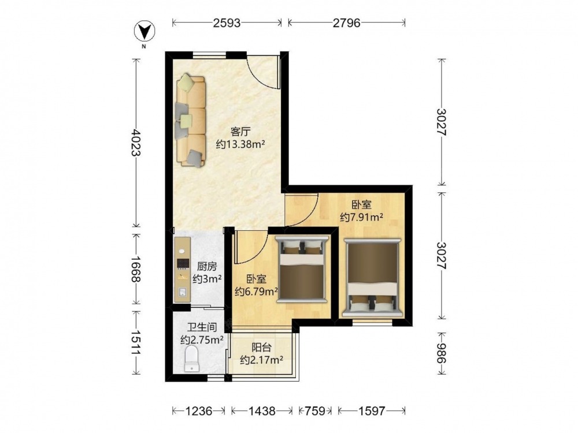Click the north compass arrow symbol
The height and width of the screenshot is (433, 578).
click(x=144, y=31)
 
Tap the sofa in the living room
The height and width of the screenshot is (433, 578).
click(x=190, y=120)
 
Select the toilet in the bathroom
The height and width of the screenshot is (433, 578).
click(x=191, y=359)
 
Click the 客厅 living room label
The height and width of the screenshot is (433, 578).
click(x=240, y=132)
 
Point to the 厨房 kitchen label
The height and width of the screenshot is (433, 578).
click(x=207, y=266)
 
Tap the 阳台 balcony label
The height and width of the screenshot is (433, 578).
click(x=262, y=347)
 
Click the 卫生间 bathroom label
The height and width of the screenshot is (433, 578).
click(x=202, y=327)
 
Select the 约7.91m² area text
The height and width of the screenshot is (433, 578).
click(x=361, y=217)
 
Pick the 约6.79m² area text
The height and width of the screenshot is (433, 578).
click(x=257, y=292)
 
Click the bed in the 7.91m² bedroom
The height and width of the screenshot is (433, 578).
click(x=372, y=278)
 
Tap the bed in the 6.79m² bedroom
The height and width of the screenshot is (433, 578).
click(x=302, y=270)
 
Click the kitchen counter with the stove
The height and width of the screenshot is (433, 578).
click(x=182, y=270)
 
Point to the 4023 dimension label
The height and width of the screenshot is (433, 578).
click(x=136, y=143)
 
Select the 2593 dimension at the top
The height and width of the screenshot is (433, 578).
click(x=227, y=23)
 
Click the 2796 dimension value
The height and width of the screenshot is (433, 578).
click(x=346, y=23)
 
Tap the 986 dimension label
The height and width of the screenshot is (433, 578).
click(x=441, y=353)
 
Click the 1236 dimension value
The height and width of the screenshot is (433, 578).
click(x=199, y=410)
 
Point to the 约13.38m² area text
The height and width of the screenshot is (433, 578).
click(x=240, y=144)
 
